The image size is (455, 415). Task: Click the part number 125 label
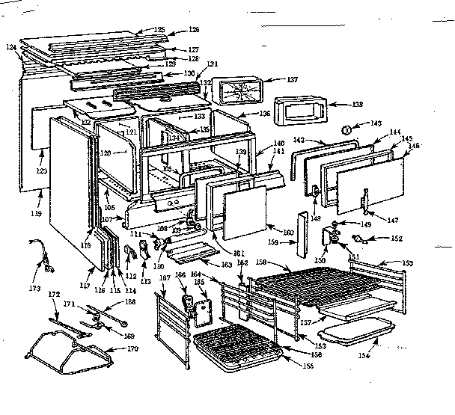click(159, 29)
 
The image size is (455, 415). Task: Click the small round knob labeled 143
click(346, 129)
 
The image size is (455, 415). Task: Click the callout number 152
click(397, 239)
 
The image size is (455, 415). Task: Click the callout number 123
click(40, 171)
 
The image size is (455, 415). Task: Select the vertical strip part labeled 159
click(302, 232)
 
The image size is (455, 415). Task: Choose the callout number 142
click(298, 141)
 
